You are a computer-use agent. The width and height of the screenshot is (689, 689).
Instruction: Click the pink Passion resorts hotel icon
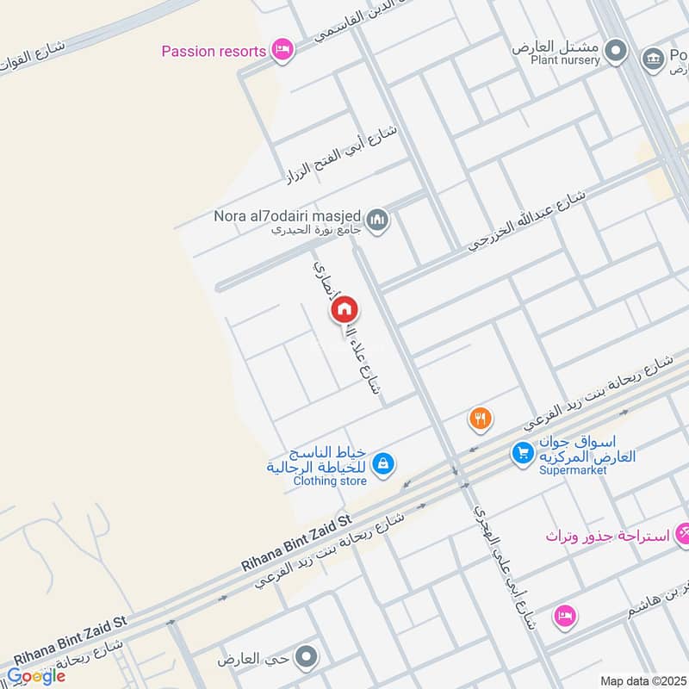[281, 51]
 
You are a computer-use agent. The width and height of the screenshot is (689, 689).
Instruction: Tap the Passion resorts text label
[214, 52]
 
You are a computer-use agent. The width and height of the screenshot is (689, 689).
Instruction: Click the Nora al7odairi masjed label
[288, 215]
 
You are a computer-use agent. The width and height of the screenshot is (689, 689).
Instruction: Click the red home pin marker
[344, 309]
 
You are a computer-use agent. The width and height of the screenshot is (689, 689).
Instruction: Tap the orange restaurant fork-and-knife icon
[481, 419]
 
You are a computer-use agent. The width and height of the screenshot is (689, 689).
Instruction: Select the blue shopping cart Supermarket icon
[522, 451]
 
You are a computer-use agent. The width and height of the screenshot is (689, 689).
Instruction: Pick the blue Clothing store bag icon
[384, 465]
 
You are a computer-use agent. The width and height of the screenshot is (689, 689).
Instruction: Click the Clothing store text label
[317, 481]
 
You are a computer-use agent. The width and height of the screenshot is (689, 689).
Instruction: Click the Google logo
[36, 676]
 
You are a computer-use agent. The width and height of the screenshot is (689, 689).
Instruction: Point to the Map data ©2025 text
[642, 680]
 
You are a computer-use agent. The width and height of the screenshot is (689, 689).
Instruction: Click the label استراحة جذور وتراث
[607, 536]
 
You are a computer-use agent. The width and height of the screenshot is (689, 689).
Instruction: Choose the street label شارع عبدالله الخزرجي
[527, 221]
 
